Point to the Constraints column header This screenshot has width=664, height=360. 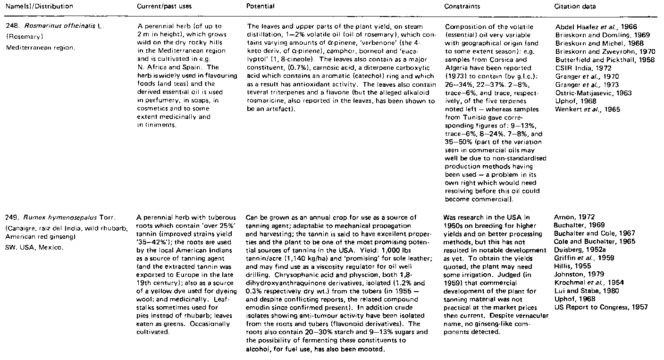[x=461, y=7]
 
